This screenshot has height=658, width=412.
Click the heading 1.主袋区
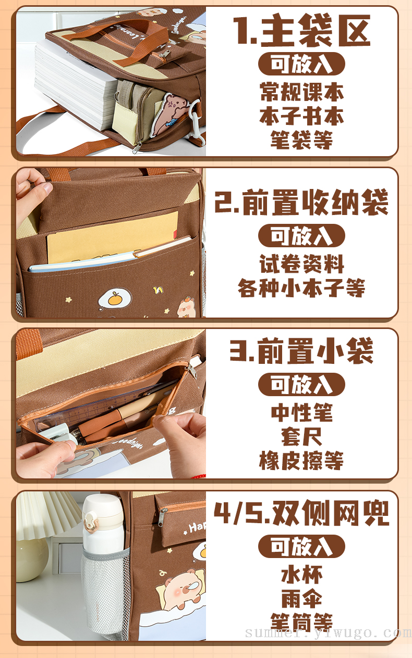pos(301,31)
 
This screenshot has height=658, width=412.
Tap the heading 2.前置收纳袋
pos(301,203)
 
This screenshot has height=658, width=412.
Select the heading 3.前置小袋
pos(301,351)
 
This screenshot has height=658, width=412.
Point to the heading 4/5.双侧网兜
pos(301,513)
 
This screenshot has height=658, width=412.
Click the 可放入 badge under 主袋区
pos(301,64)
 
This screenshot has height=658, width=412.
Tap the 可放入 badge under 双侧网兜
pos(301,546)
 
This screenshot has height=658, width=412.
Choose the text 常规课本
pos(301,92)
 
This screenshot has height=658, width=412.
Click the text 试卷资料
pos(301,264)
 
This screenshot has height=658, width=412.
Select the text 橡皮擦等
pos(301,461)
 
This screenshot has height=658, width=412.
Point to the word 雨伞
pos(301,599)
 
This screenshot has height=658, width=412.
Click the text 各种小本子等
pos(301,288)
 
